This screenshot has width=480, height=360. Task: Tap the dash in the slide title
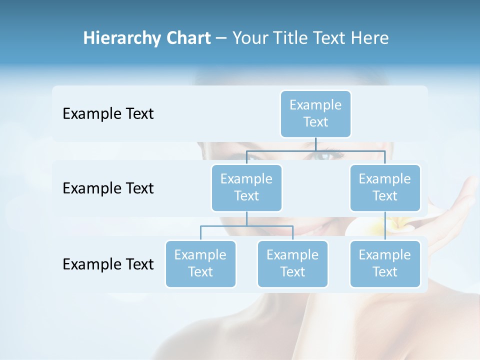coord(221,38)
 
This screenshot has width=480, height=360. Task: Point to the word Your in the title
coord(250,38)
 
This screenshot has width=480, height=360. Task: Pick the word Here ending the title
coord(370,38)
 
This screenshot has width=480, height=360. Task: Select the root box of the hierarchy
coord(315,113)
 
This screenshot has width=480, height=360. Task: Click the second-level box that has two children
coord(246,187)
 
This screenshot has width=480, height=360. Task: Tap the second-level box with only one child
coord(385,187)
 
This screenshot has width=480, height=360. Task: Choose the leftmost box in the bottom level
coord(200,263)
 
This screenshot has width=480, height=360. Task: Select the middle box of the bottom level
coord(292,263)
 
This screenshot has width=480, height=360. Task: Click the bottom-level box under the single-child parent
coord(385,263)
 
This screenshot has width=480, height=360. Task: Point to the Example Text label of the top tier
coord(108,113)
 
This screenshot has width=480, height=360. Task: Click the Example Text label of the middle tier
coord(108,188)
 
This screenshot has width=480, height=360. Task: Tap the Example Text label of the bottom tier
coord(108,264)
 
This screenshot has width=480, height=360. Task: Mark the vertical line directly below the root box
coord(316,144)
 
